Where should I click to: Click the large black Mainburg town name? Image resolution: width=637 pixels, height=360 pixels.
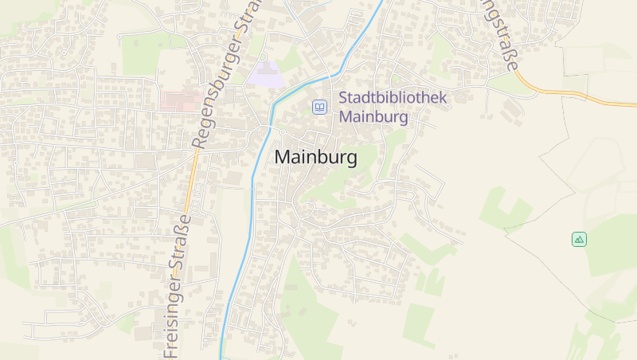tap(315, 158)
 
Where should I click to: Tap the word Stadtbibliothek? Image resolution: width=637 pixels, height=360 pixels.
tap(393, 99)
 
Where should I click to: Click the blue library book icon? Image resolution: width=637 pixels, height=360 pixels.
tap(319, 107)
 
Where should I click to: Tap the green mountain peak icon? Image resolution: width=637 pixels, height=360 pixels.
tap(579, 239)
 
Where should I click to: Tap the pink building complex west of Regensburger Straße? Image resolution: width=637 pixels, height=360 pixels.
tap(181, 100)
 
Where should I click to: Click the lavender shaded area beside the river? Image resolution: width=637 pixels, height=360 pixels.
tap(266, 75)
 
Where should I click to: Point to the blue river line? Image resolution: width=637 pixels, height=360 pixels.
tap(255, 183)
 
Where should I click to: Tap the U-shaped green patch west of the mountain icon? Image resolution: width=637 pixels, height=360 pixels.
tap(505, 209)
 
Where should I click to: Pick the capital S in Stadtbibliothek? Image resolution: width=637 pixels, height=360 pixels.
tap(344, 99)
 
